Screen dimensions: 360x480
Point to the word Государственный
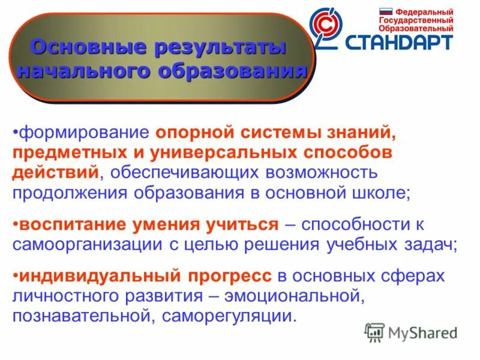[x=416, y=20]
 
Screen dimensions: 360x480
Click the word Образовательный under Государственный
[x=416, y=28]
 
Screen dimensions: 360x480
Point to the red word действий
[x=55, y=173]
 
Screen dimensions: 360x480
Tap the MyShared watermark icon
[x=374, y=332]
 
